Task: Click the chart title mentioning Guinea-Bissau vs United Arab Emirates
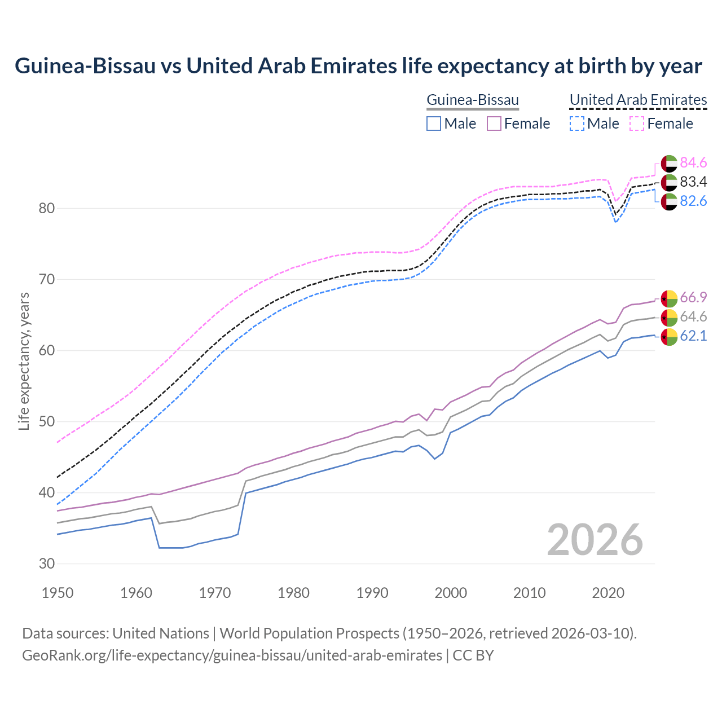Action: (x=358, y=66)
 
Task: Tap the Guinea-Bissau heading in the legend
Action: (x=472, y=100)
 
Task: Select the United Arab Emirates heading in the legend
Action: (x=638, y=100)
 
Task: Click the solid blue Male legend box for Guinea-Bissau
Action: (x=434, y=124)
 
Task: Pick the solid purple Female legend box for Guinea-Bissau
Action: (x=494, y=124)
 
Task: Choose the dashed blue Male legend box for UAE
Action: (x=576, y=124)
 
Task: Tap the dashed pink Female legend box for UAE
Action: (x=637, y=124)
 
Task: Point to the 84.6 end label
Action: (x=693, y=163)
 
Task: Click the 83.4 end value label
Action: (x=693, y=182)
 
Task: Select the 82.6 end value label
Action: (x=693, y=201)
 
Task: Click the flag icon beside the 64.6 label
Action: (x=669, y=317)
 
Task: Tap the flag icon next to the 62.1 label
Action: (x=669, y=337)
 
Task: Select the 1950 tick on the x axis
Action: (x=58, y=593)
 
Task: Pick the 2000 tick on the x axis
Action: (x=451, y=593)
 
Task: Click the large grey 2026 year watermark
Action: (x=595, y=540)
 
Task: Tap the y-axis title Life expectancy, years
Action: (x=24, y=361)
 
